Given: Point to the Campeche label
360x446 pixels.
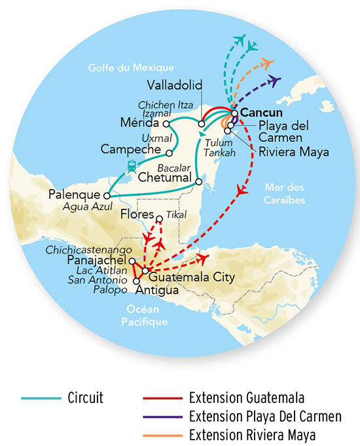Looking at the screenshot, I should (132, 149).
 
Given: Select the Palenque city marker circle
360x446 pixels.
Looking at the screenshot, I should (106, 195).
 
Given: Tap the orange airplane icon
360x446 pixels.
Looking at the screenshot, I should (265, 64).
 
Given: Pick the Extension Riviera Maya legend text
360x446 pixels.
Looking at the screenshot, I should (252, 434).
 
